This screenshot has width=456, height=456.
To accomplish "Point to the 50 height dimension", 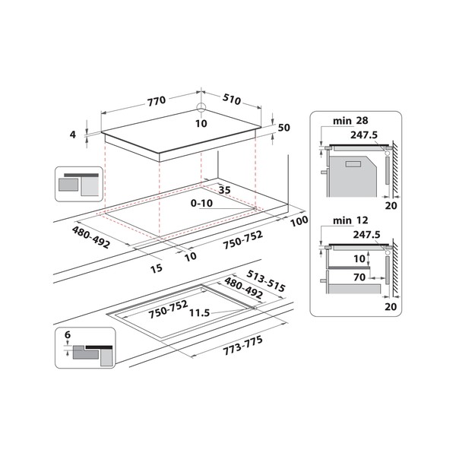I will click(x=285, y=128).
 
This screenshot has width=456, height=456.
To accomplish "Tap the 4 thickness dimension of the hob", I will click(x=73, y=135).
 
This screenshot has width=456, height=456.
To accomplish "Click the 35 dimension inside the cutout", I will click(x=224, y=190).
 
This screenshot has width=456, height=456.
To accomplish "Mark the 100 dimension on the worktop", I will click(x=299, y=221).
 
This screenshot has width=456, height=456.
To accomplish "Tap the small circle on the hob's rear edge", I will click(x=201, y=108).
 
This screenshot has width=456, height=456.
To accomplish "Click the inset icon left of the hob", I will click(x=78, y=183).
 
